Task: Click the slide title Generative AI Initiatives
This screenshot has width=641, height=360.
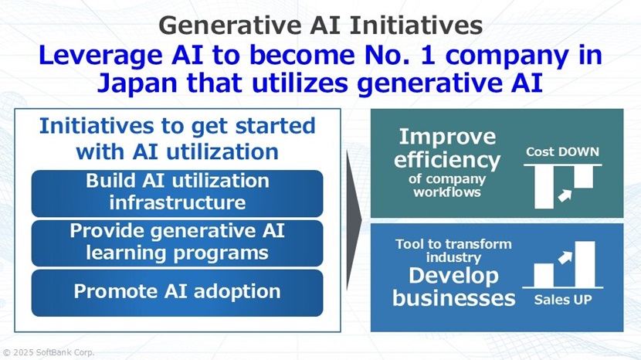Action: point(320,25)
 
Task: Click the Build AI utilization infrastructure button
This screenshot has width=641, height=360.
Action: point(177,192)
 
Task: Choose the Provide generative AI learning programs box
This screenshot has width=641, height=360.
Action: point(177,242)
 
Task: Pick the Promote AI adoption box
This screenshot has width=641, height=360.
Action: point(177,291)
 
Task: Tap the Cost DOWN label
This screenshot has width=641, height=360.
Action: point(562,151)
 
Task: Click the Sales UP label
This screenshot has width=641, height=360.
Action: point(562,300)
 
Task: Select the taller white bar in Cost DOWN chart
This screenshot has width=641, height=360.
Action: point(544,187)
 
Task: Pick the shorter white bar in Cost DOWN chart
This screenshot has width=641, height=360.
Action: point(583,177)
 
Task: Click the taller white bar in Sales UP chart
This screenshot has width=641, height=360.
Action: point(585,263)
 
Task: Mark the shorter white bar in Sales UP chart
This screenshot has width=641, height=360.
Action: point(544,274)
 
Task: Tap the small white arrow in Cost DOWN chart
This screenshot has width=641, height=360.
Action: point(564,195)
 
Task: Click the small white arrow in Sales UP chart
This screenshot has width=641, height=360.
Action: point(564,254)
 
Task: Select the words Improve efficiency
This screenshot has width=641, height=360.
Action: point(447,148)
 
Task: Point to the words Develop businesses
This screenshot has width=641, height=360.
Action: point(453,287)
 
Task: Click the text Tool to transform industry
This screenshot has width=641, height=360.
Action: point(453,250)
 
